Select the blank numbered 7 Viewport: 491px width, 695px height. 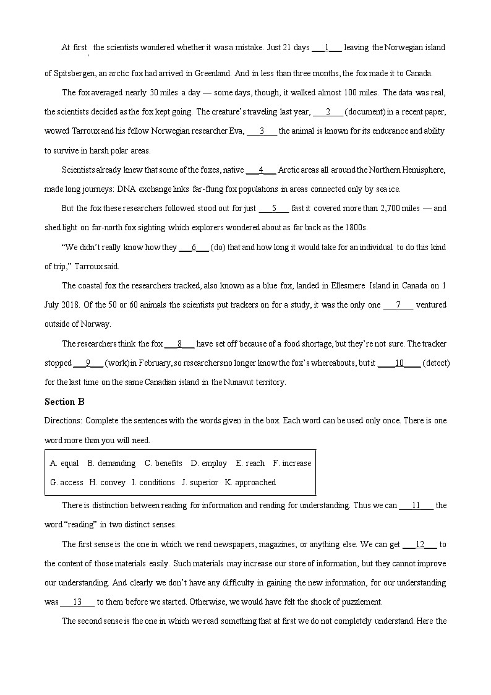(x=398, y=304)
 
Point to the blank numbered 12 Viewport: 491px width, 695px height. (x=420, y=545)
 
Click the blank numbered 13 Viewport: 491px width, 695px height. (x=77, y=602)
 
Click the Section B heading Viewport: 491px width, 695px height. (x=64, y=402)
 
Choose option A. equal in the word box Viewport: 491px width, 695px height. (x=64, y=464)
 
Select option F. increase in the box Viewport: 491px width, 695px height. (x=292, y=464)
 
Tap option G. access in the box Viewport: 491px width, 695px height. (x=67, y=483)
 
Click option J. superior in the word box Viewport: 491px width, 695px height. (x=200, y=483)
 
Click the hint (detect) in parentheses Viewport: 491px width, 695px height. (x=436, y=363)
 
